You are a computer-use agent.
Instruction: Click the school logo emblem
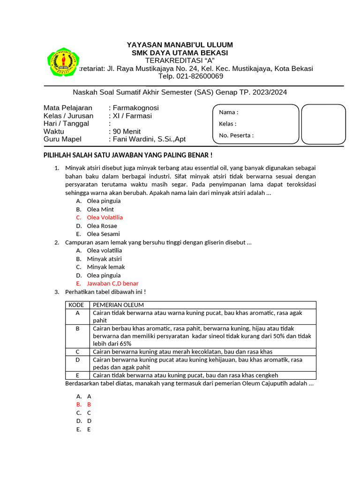(x=62, y=61)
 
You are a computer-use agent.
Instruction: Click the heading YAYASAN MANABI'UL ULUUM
(x=180, y=45)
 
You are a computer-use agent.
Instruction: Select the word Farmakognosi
(x=136, y=108)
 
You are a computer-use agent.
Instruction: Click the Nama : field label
(x=229, y=112)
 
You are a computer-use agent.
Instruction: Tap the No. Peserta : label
(x=236, y=135)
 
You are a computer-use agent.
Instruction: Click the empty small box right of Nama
(x=323, y=124)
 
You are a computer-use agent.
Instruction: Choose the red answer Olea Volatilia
(x=105, y=217)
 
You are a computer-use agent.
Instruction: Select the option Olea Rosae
(x=102, y=226)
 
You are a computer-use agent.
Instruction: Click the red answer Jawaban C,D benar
(x=112, y=284)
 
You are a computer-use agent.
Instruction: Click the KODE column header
(x=77, y=305)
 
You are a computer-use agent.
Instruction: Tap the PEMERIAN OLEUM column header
(x=118, y=305)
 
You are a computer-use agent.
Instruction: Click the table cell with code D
(x=77, y=360)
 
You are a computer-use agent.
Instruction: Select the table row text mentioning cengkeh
(x=186, y=375)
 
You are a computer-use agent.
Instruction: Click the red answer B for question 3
(x=89, y=404)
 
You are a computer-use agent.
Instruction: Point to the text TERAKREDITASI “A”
(x=180, y=60)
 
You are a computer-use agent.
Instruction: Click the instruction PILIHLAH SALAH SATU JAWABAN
(x=128, y=155)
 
